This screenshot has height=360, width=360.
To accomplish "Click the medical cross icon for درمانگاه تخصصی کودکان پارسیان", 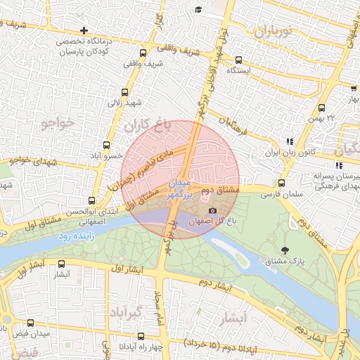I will [x=84, y=30].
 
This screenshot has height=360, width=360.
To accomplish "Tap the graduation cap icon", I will [x=199, y=9].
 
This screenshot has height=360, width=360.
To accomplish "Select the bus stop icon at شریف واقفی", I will [x=143, y=53].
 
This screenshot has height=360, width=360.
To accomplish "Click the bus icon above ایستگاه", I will [x=238, y=60].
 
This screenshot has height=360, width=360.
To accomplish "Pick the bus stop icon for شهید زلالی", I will [x=125, y=92].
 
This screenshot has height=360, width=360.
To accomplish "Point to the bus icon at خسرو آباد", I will [x=106, y=146].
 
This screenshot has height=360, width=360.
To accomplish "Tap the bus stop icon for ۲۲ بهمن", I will [x=321, y=108].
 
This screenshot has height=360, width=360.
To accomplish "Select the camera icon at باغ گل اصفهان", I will [x=212, y=211].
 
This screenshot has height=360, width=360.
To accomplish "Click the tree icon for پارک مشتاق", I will [x=284, y=250].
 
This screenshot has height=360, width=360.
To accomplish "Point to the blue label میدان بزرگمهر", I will [x=179, y=188].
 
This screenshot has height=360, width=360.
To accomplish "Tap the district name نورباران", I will [x=274, y=31].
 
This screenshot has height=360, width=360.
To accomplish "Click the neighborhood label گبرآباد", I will [x=126, y=311].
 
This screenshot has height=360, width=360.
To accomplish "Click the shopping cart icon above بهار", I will [x=353, y=89].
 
